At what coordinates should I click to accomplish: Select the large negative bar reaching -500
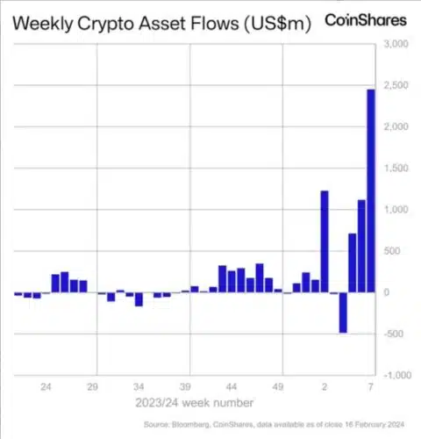tap(343, 313)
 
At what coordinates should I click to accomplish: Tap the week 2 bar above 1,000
tap(325, 241)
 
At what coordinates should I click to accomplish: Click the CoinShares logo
tap(366, 20)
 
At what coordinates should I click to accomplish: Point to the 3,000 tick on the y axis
tap(396, 44)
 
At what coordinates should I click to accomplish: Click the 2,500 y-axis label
tap(396, 85)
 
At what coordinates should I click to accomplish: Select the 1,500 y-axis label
tap(396, 169)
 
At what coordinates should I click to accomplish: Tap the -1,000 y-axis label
tap(397, 375)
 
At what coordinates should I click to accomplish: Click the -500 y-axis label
tap(393, 334)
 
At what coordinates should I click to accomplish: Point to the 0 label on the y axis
tap(386, 292)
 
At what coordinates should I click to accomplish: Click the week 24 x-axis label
tap(46, 387)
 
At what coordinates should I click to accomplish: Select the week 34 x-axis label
tap(139, 387)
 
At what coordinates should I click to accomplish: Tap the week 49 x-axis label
tap(278, 387)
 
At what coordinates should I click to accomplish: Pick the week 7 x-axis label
tap(371, 387)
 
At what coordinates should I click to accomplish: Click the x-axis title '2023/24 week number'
tap(195, 403)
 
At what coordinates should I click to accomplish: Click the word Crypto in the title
tap(106, 24)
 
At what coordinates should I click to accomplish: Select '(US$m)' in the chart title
tap(277, 24)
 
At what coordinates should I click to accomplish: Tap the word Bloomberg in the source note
tap(190, 425)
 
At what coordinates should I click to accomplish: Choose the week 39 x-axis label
tap(185, 387)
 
